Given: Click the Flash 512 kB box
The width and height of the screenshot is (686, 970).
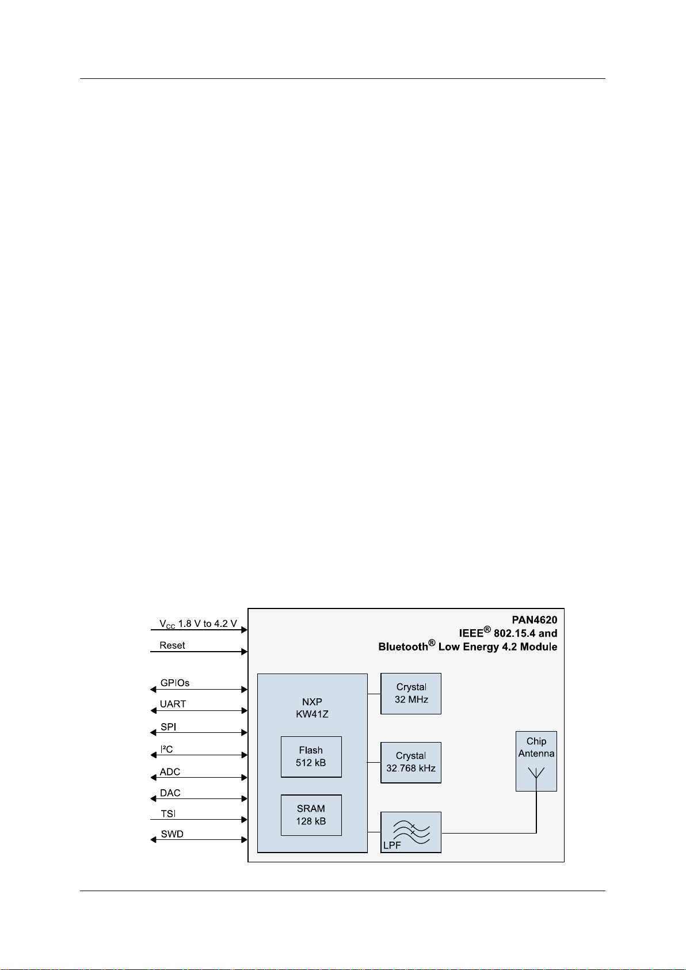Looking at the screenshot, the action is pos(311,756).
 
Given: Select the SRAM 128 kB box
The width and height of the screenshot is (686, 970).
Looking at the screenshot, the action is pos(311,815).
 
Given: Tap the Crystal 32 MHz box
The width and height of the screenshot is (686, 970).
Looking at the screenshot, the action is pos(411,693).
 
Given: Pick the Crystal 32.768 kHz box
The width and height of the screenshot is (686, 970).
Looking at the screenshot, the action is pos(411,762).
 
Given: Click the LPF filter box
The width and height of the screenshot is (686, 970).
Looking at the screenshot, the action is pos(411,832).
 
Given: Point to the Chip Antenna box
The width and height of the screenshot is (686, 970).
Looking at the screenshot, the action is pos(536,760).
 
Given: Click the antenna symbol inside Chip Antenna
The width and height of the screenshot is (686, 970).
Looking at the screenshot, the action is pos(536,773).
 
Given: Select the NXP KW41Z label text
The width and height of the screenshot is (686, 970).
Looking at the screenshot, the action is pos(312,708).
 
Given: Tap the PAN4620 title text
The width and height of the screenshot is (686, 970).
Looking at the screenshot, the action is pos(535,620).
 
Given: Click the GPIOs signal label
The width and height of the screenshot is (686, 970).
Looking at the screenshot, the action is pos(175,683).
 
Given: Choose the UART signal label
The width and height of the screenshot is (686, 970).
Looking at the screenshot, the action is pos(173,704).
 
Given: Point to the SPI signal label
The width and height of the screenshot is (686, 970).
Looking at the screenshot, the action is pos(168,727).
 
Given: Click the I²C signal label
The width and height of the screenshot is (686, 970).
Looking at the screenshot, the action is pos(166,750).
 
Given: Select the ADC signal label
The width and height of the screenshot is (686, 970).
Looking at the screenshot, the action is pos(170,772).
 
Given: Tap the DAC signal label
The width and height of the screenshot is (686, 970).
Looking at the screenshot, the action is pos(170,793).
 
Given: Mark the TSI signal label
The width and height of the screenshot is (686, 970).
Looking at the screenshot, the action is pos(168,814).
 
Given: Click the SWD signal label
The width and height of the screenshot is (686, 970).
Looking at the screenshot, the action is pos(172,834).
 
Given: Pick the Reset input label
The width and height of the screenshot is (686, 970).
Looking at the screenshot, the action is pos(172,645).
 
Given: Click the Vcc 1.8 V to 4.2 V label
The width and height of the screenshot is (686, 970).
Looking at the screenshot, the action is pos(198,624).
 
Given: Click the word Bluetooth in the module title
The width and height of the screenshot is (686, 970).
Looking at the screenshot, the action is pos(403,647).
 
